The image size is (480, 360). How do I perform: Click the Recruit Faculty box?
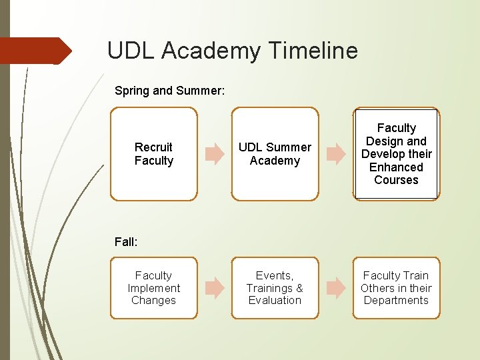coord(154,154)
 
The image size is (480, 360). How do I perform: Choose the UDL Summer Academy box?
coord(275,154)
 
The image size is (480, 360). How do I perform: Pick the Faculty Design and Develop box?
coord(397,154)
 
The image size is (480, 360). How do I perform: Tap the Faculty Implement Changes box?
coord(154,288)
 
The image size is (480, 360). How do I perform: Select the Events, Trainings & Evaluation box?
coord(275,288)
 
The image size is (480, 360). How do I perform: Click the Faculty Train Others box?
coord(397,288)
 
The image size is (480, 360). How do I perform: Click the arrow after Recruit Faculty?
coord(215,154)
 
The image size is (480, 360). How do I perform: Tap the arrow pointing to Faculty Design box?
coord(336,154)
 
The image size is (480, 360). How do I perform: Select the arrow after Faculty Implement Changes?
coord(215,288)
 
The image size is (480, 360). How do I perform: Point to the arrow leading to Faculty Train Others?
coord(336,288)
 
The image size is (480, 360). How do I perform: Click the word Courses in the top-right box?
coord(396,180)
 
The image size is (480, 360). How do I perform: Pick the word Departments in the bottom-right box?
coord(396,301)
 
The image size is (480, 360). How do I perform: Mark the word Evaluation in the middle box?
coord(275,301)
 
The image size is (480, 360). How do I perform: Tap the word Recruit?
coord(153,147)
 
